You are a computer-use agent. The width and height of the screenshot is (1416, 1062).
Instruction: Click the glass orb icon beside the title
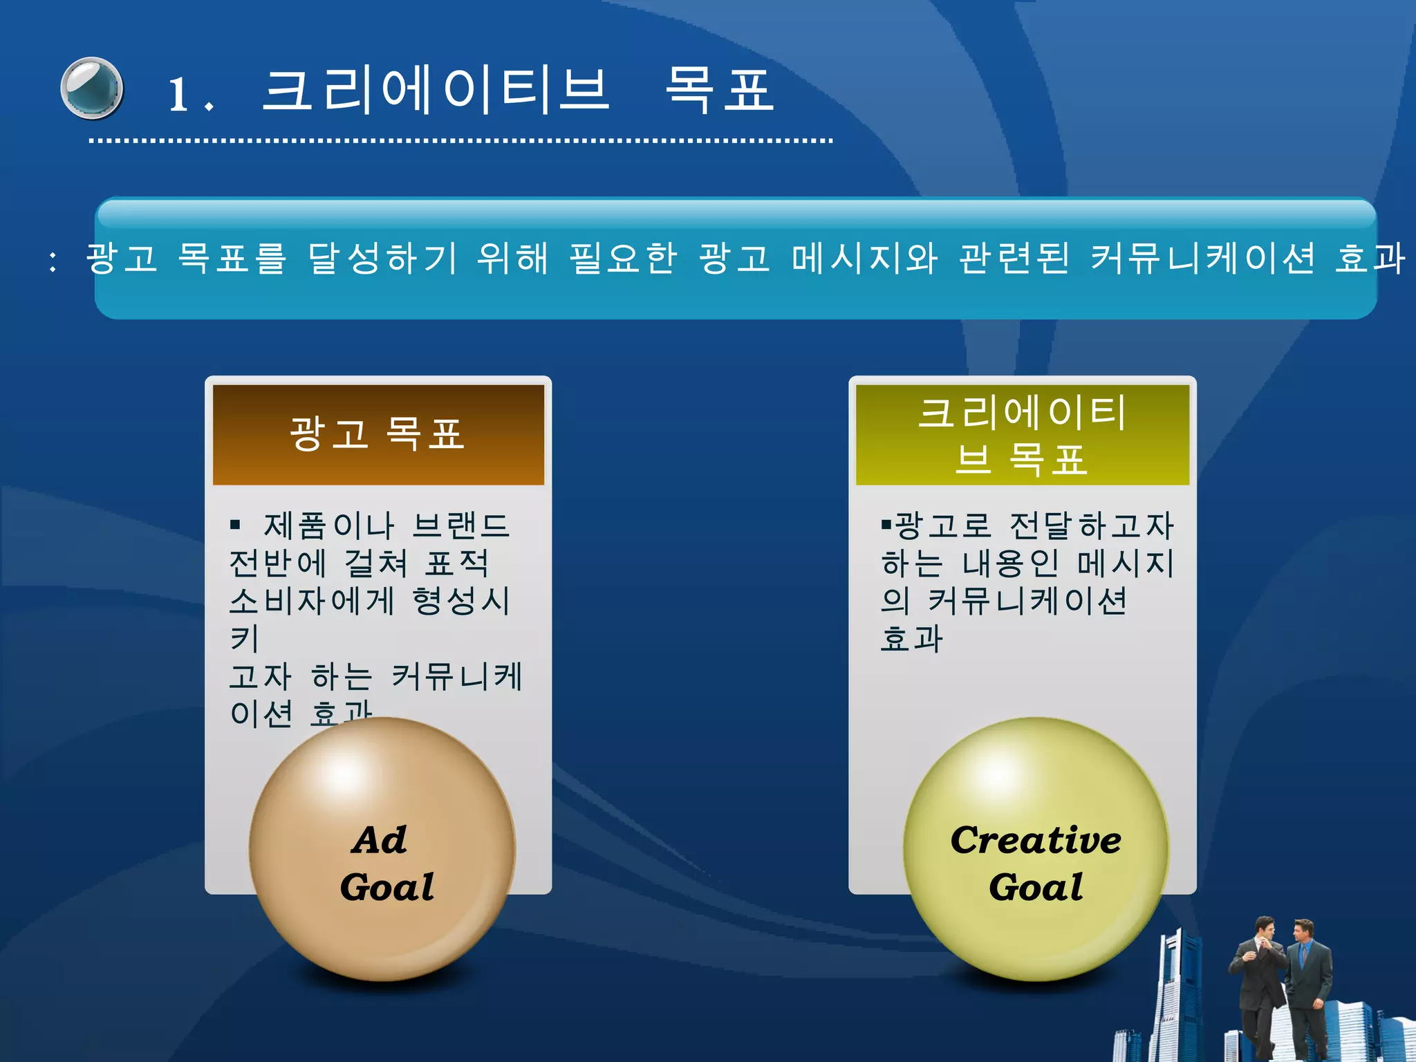(92, 88)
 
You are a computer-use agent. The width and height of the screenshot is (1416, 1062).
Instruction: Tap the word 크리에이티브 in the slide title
(436, 91)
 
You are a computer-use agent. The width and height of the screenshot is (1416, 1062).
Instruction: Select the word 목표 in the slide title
(719, 91)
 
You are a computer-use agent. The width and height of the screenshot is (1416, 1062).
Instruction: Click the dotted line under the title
(460, 141)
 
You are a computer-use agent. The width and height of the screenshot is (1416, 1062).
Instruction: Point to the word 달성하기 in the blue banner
(382, 259)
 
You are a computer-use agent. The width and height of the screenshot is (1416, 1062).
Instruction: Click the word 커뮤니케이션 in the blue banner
(1202, 259)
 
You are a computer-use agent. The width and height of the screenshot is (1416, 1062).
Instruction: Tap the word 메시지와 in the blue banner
(865, 259)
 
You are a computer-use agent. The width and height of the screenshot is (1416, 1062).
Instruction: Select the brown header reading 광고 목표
(378, 434)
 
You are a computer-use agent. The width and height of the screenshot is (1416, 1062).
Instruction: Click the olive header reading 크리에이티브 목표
(1022, 434)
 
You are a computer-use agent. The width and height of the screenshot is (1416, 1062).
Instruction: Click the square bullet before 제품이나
(235, 525)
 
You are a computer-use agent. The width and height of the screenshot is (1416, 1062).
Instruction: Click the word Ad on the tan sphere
(380, 841)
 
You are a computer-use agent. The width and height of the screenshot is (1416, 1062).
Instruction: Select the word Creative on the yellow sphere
(1035, 841)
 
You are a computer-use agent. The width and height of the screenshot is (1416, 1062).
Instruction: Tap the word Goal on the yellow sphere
(1035, 887)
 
